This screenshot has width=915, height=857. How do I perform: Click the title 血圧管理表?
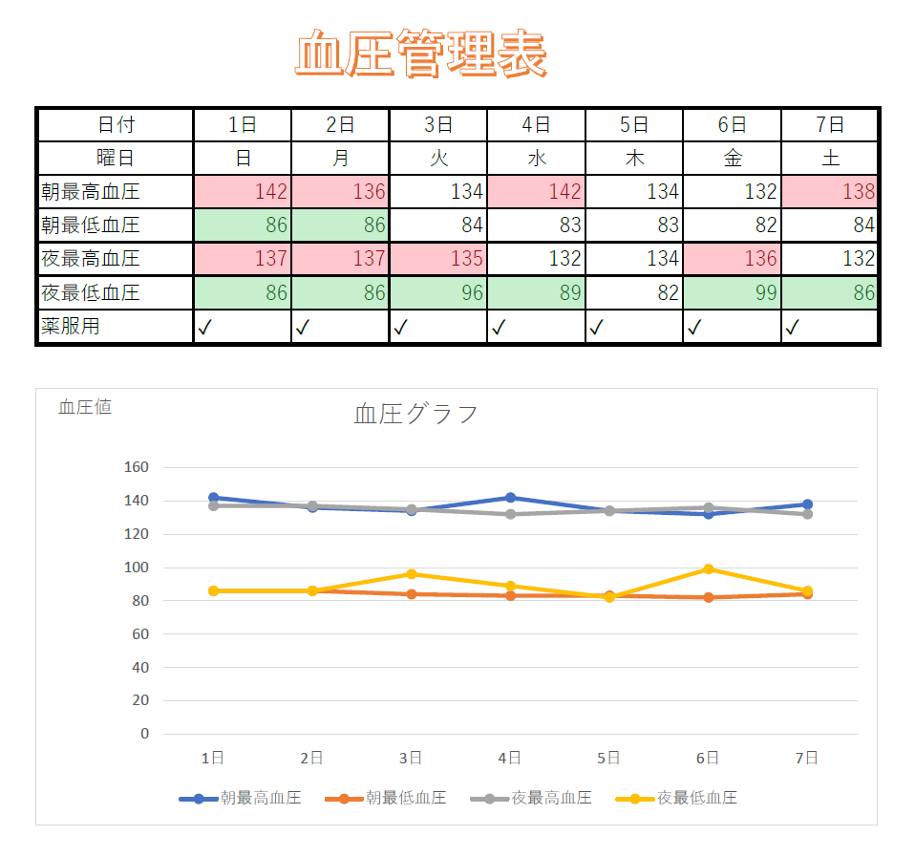click(x=420, y=54)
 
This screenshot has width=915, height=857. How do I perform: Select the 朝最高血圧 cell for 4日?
click(x=536, y=191)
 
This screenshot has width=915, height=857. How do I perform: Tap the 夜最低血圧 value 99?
click(x=732, y=292)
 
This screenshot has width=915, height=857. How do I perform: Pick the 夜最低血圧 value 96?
click(x=438, y=292)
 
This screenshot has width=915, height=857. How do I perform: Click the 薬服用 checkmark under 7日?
click(x=792, y=328)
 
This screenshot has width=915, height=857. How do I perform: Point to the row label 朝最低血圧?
click(x=91, y=225)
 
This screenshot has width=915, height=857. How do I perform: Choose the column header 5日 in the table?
click(x=634, y=124)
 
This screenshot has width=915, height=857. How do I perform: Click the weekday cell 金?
click(x=732, y=159)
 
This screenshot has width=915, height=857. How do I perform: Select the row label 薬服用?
click(x=71, y=327)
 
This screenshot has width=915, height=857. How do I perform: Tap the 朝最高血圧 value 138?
click(x=830, y=191)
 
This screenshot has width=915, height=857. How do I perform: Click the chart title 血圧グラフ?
click(x=415, y=414)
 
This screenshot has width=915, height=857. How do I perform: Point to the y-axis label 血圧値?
click(x=85, y=407)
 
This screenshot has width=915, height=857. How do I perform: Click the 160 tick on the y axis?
click(x=137, y=467)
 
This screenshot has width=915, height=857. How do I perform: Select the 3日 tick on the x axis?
click(x=411, y=758)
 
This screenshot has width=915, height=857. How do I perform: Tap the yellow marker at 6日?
click(x=708, y=569)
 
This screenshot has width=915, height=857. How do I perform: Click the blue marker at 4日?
click(x=510, y=498)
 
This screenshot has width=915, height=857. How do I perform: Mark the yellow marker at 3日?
click(x=411, y=574)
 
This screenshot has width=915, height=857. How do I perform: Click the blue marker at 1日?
click(x=213, y=498)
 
